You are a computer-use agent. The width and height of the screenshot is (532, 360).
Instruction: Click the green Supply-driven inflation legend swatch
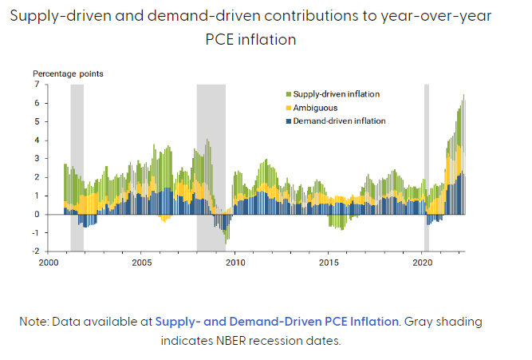tap(289, 94)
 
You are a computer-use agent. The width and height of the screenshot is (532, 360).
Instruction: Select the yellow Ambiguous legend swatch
tap(289, 108)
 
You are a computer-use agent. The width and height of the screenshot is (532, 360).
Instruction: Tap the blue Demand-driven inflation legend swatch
tap(289, 121)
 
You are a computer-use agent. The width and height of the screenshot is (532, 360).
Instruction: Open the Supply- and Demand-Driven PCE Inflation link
tap(277, 321)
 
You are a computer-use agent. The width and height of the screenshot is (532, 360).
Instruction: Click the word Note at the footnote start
tap(36, 321)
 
